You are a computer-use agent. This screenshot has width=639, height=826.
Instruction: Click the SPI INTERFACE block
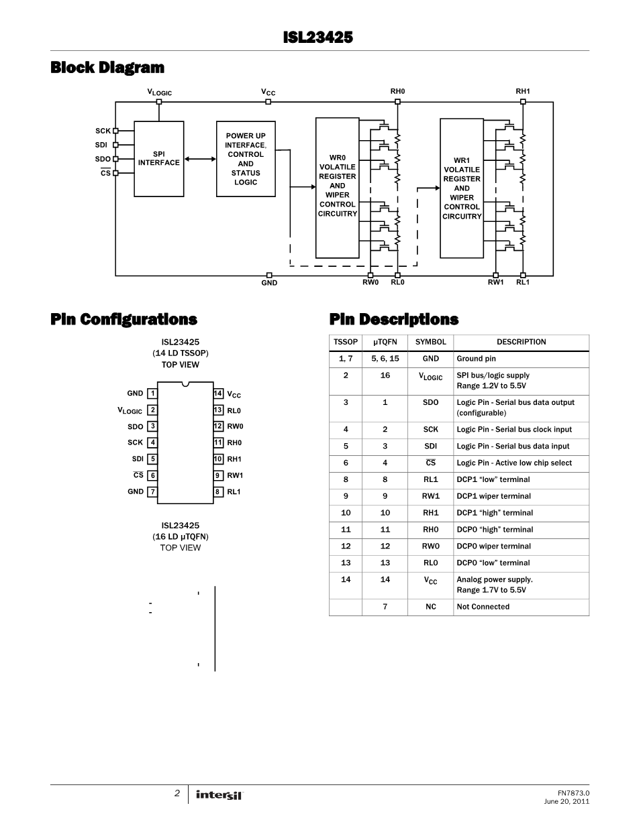[x=159, y=159]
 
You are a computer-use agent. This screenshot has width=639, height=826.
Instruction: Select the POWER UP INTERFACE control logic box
[x=246, y=159]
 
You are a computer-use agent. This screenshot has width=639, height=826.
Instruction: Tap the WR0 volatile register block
[x=338, y=187]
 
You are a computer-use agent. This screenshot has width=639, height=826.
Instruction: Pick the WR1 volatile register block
[x=462, y=188]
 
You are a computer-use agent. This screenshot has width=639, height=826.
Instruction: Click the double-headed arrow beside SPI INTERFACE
[x=196, y=159]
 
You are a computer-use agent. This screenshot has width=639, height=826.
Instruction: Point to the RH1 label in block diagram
[x=523, y=91]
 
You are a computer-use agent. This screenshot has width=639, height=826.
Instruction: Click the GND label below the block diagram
[x=269, y=283]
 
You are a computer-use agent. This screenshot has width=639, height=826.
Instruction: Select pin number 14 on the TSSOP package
[x=218, y=394]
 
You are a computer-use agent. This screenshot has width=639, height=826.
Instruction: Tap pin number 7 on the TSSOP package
[x=153, y=491]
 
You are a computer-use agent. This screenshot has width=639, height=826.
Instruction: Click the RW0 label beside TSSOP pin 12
[x=235, y=426]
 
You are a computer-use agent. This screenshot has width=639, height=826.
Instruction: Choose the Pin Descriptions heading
[x=394, y=319]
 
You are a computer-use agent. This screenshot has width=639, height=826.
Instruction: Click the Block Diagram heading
[x=107, y=68]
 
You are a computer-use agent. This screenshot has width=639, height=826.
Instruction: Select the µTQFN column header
[x=385, y=342]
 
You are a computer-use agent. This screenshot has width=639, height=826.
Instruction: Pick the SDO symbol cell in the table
[x=431, y=402]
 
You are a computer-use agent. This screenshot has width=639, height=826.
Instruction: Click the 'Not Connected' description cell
[x=483, y=607]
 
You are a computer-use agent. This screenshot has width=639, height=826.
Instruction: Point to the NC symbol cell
[x=431, y=607]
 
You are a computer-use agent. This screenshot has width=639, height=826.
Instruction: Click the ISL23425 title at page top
[x=318, y=38]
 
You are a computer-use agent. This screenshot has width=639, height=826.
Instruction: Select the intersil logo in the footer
[x=219, y=794]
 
